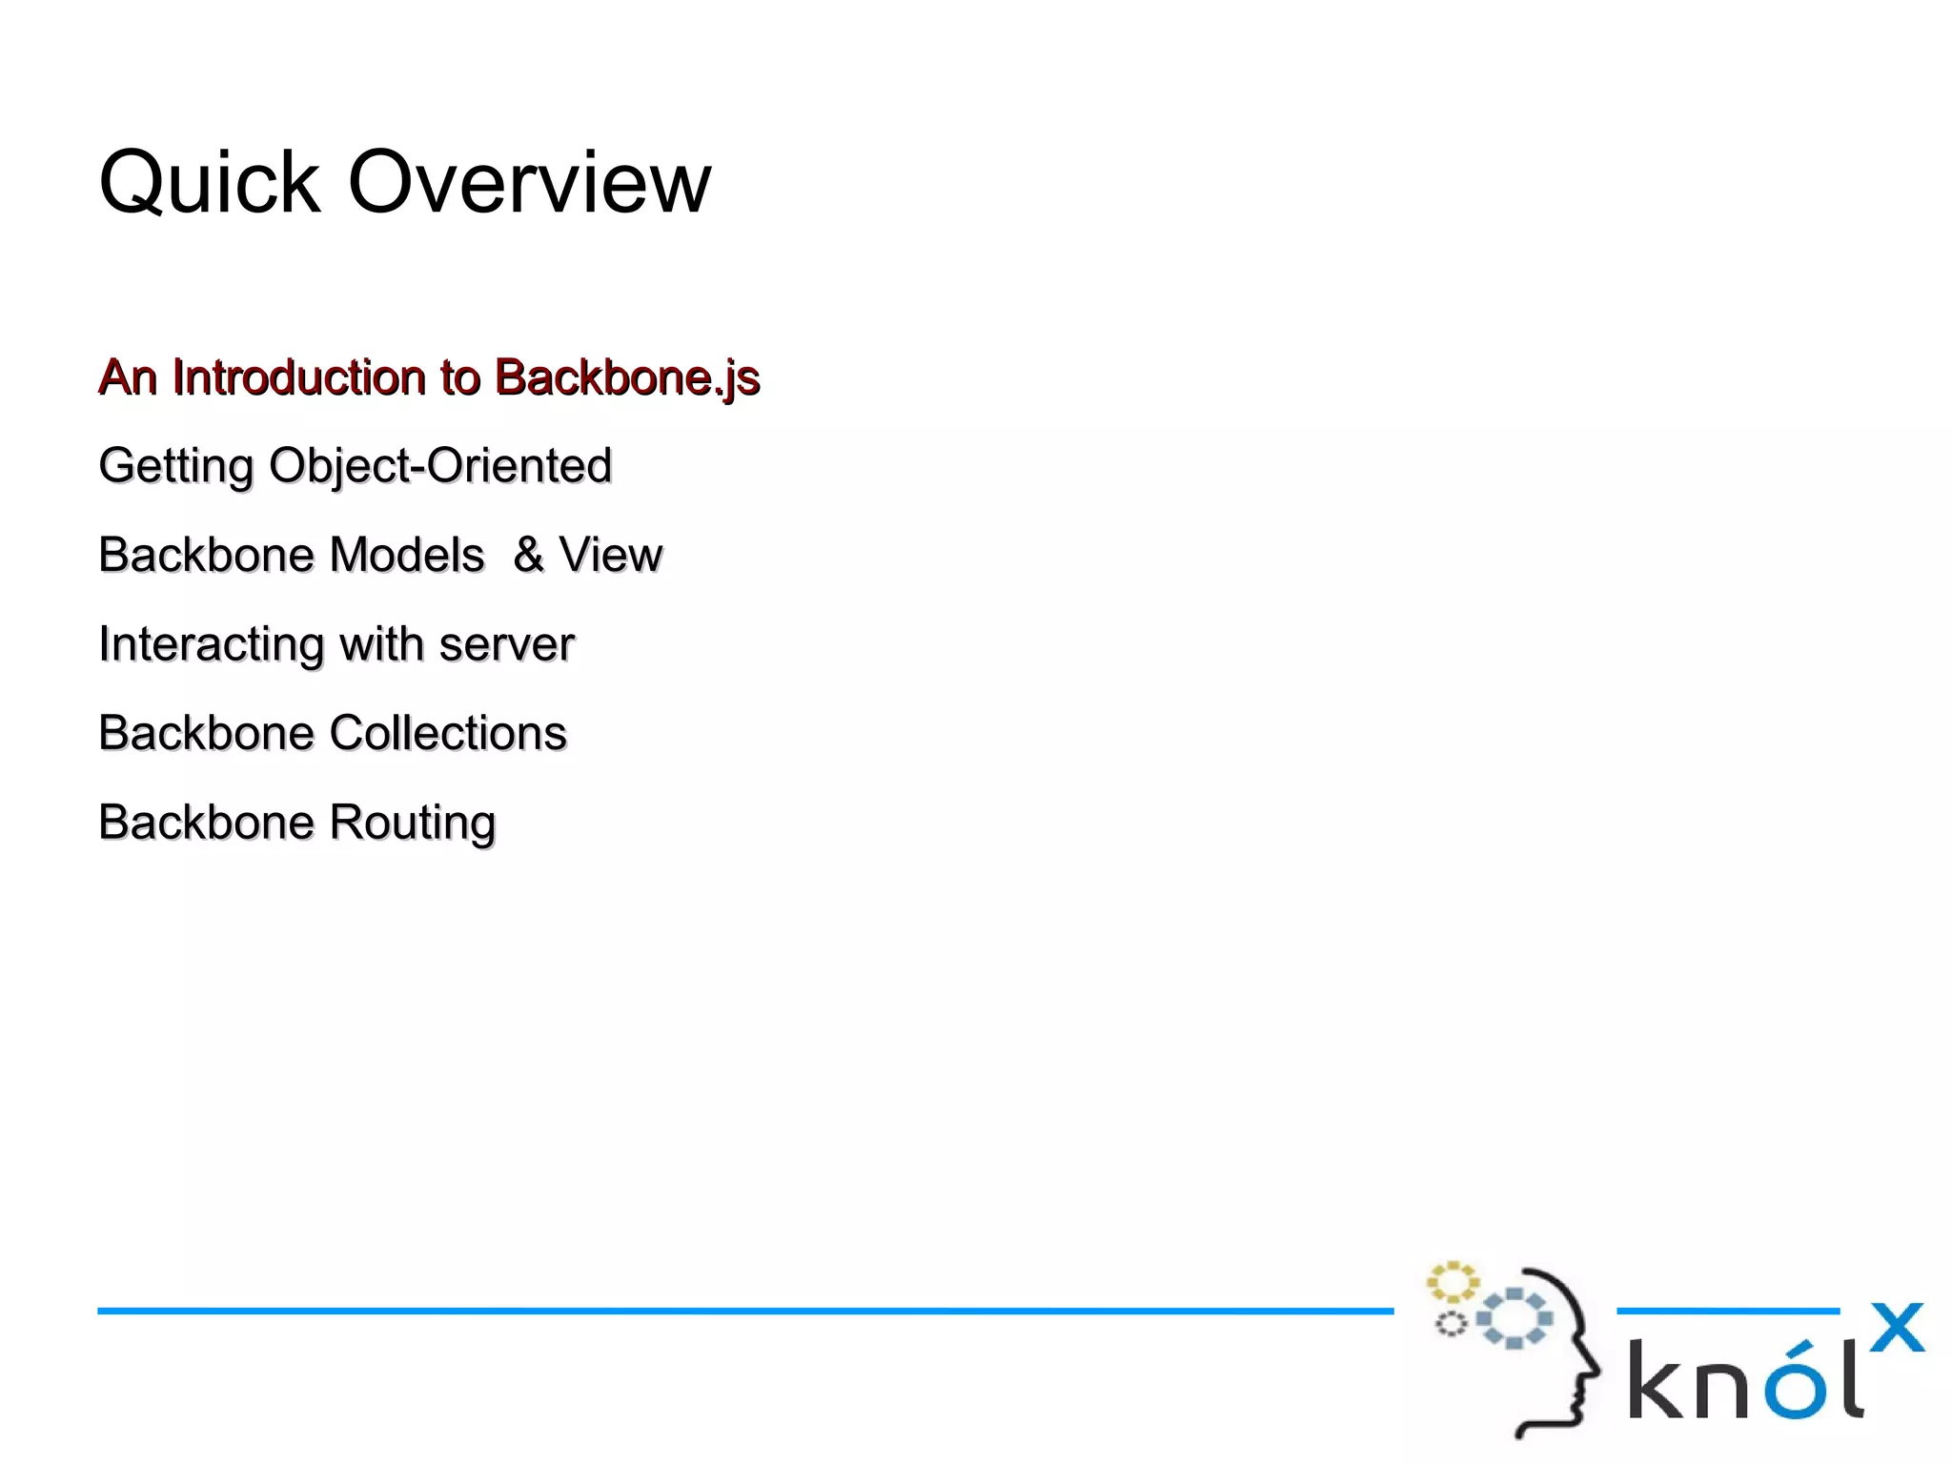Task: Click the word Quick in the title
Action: point(210,183)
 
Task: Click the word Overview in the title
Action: point(529,183)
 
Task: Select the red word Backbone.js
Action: point(627,378)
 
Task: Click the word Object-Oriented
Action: point(440,467)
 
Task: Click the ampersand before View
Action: point(529,556)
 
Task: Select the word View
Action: point(610,556)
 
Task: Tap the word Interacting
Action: point(212,645)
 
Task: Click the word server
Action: point(507,645)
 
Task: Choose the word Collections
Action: point(448,734)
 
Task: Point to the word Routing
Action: point(413,823)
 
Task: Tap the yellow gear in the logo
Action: point(1452,1282)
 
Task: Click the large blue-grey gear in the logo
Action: point(1515,1318)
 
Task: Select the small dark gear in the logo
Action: point(1451,1324)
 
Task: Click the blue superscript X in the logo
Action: point(1897,1328)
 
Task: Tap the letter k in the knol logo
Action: point(1657,1379)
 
